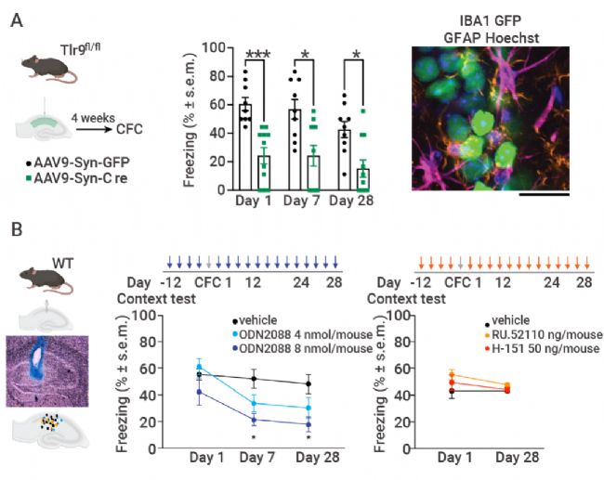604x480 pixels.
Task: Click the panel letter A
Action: pos(17,19)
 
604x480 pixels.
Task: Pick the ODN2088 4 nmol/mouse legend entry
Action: pos(298,334)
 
